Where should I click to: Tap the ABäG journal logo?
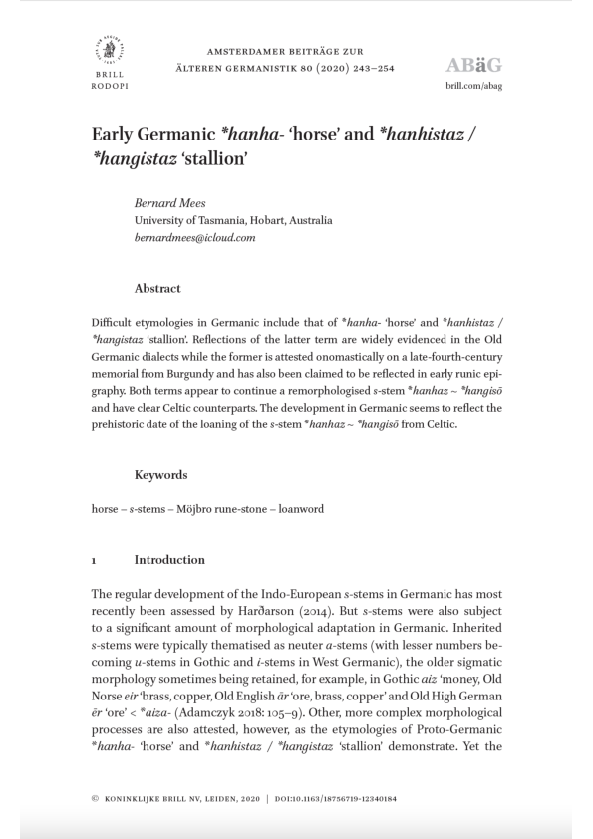pos(473,66)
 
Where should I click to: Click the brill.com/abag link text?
pos(473,87)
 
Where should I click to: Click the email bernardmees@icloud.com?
pos(195,239)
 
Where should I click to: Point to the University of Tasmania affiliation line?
pos(233,221)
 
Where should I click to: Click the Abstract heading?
pos(157,289)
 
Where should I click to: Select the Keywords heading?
pos(161,475)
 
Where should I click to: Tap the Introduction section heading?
pos(169,560)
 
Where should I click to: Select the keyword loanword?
pos(299,509)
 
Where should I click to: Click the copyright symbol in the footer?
pos(94,799)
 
